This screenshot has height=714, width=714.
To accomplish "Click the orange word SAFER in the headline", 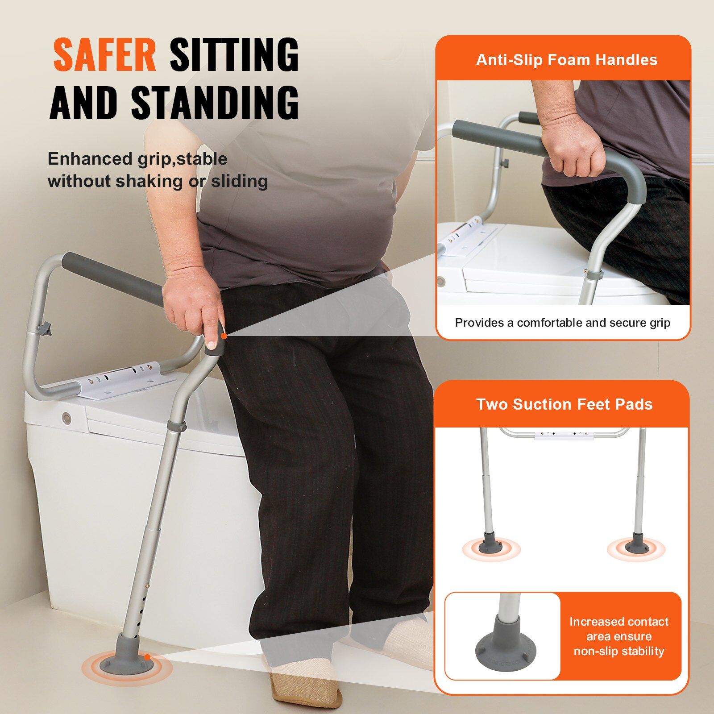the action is (104, 55).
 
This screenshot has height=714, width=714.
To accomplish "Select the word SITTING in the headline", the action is (234, 55).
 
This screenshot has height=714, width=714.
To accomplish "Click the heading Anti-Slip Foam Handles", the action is (566, 60).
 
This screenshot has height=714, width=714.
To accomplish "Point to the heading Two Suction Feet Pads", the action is (565, 404).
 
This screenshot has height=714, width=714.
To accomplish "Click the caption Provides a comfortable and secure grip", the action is (562, 323).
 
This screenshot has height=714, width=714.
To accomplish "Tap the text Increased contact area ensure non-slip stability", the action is (619, 636).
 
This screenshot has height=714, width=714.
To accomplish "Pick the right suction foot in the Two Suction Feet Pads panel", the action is (636, 544).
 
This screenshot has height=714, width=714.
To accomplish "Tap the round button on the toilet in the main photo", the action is (66, 418).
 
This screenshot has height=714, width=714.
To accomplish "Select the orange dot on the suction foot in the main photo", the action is (147, 657).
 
